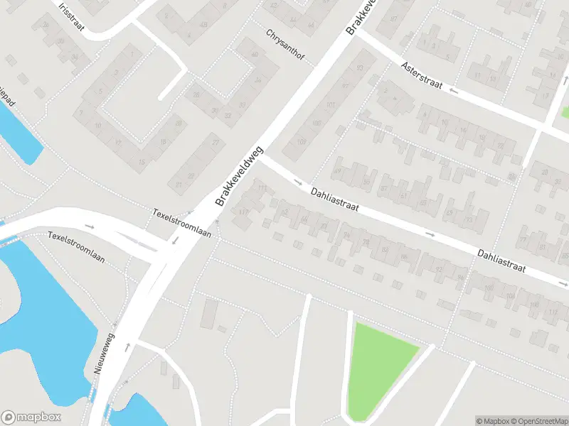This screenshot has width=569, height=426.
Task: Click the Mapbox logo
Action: click(x=31, y=417)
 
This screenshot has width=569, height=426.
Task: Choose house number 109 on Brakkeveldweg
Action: click(x=302, y=141)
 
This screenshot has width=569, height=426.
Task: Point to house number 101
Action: click(x=329, y=105)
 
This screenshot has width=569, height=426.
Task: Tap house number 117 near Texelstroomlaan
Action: click(x=244, y=211)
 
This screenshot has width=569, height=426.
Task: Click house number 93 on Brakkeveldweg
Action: click(x=360, y=68)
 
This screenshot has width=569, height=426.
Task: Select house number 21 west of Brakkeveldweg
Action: click(x=179, y=185)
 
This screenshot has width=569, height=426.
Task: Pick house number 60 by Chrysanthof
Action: click(x=255, y=55)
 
